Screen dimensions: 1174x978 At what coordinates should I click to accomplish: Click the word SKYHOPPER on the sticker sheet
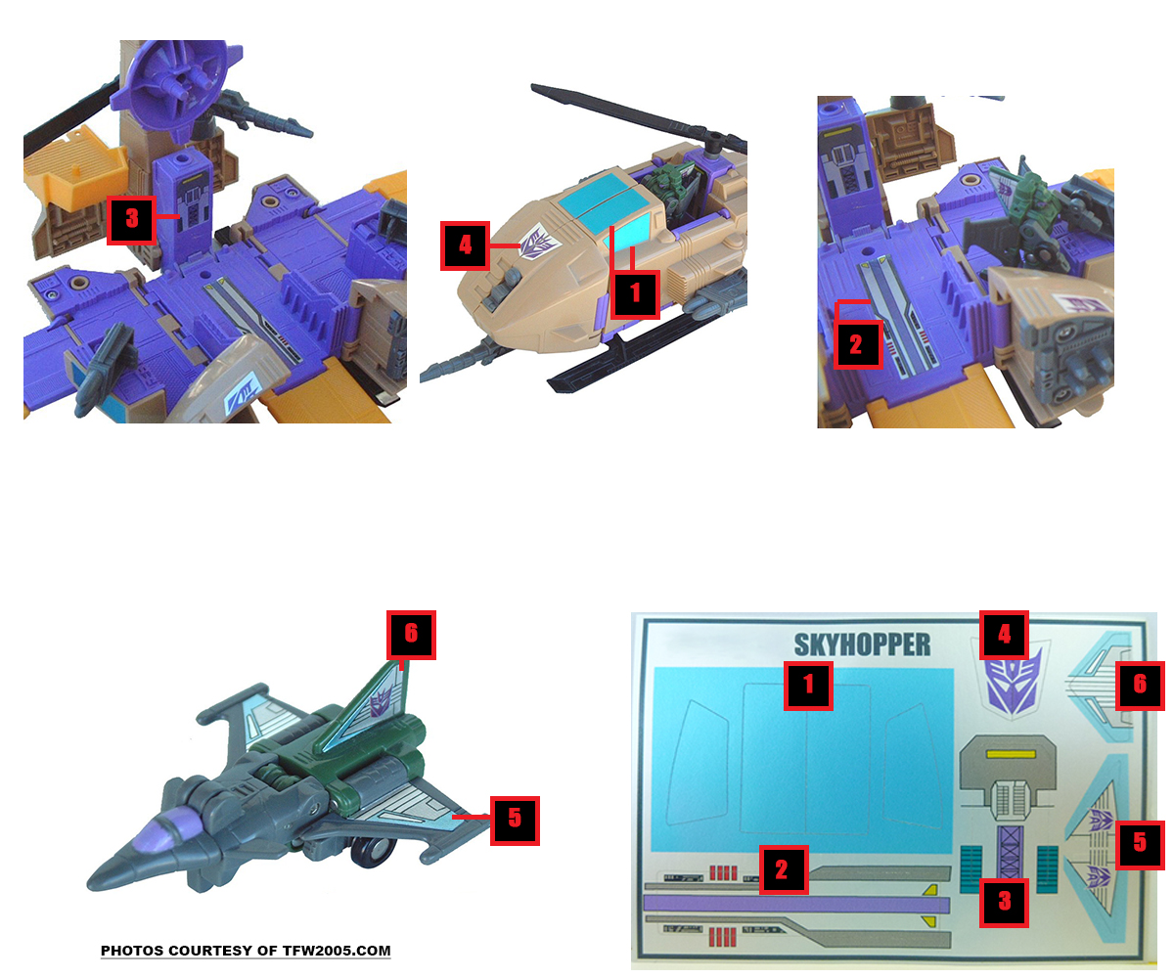point(861,645)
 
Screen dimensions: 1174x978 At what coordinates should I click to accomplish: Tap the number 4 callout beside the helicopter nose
point(465,245)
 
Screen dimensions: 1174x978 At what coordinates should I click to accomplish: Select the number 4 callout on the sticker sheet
point(1004,635)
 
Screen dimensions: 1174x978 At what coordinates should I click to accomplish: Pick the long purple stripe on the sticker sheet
point(795,904)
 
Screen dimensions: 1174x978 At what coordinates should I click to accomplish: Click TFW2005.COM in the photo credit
point(337,951)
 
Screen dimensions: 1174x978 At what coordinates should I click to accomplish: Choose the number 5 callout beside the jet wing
point(515,821)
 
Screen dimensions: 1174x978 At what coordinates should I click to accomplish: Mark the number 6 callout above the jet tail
point(411,635)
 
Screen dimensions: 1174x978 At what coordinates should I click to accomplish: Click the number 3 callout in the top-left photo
point(131,220)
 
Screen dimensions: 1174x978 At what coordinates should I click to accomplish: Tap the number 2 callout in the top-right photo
point(857,344)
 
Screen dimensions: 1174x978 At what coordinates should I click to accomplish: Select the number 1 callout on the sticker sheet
point(808,686)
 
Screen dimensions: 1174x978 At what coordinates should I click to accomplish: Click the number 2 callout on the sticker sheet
point(784,869)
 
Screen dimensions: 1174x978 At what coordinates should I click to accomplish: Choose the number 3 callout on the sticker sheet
point(1004,903)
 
